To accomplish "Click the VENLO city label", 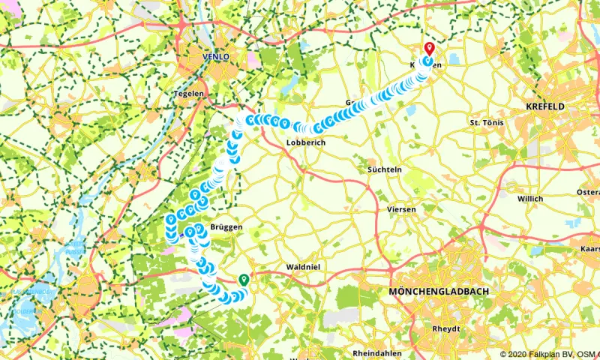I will (x=214, y=57).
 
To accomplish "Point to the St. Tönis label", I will (x=484, y=121).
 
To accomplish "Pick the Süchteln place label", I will (x=384, y=170).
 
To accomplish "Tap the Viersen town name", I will (x=400, y=208).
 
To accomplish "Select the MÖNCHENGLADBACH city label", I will (x=438, y=291).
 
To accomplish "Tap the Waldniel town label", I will (x=304, y=267).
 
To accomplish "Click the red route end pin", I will (x=429, y=48).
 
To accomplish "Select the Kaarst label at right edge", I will (x=589, y=247).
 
